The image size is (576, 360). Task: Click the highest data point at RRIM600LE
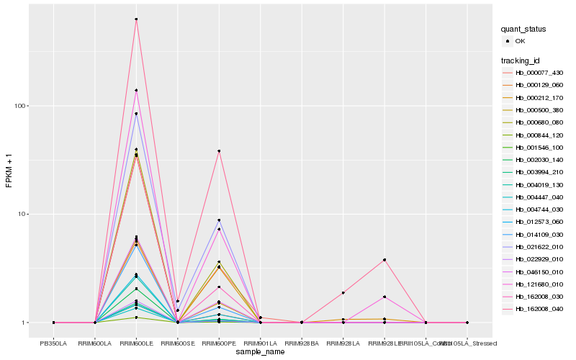136,19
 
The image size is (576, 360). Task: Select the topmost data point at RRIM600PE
219,151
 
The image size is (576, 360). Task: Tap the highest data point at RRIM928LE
384,259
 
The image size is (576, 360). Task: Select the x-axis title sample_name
260,352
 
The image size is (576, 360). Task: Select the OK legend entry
520,41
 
